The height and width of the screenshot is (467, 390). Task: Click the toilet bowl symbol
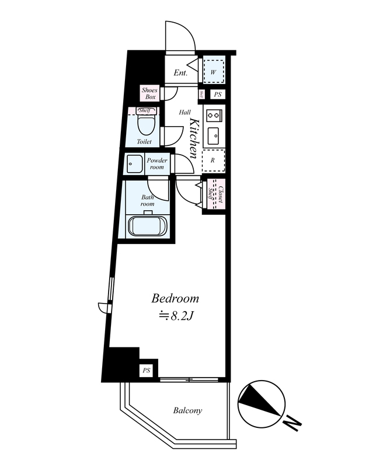[x=147, y=125]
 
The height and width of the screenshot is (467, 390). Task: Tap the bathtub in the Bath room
[x=148, y=226]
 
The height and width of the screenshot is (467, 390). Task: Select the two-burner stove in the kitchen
[x=214, y=114]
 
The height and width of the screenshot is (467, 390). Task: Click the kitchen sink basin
[x=213, y=136]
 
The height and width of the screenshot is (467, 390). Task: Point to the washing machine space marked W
[x=213, y=72]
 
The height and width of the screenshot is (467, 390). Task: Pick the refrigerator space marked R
[x=213, y=160]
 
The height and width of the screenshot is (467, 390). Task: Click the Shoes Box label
[x=149, y=93]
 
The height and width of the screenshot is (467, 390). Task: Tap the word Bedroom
[x=175, y=298]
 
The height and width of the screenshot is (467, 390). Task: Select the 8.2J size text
[x=177, y=316]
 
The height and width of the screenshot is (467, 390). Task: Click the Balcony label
[x=187, y=410]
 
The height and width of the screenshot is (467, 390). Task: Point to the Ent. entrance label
[x=180, y=72]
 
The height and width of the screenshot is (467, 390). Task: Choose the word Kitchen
[x=194, y=138]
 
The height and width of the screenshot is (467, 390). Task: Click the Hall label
[x=184, y=112]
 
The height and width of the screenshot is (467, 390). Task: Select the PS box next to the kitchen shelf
[x=218, y=95]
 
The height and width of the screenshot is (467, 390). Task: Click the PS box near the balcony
[x=147, y=371]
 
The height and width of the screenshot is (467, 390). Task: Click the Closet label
[x=221, y=194]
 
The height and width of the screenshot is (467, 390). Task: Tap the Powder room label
[x=157, y=163]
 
